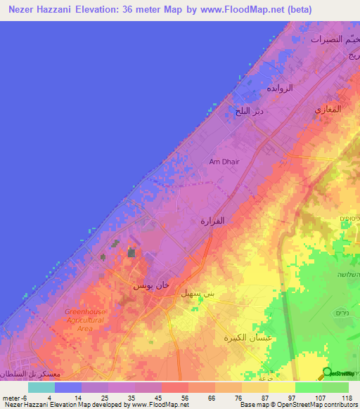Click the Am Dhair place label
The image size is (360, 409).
224,162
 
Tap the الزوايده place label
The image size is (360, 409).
278,90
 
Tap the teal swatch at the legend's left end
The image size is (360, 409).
41,387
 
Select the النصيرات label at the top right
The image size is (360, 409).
329,39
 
